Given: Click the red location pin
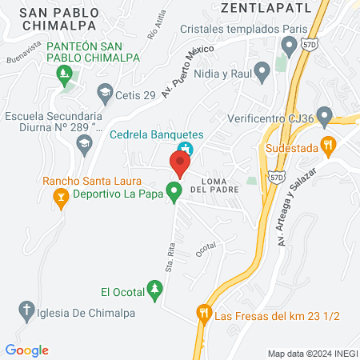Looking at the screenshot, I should [x=179, y=163].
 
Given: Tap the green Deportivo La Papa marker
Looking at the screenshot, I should [x=173, y=192].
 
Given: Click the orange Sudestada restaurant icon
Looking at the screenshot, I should [x=326, y=145].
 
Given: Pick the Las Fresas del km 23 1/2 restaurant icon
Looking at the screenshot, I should [x=205, y=314].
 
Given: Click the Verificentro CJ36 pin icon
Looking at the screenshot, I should [x=324, y=118].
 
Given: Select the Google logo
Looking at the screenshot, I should [x=26, y=350].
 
